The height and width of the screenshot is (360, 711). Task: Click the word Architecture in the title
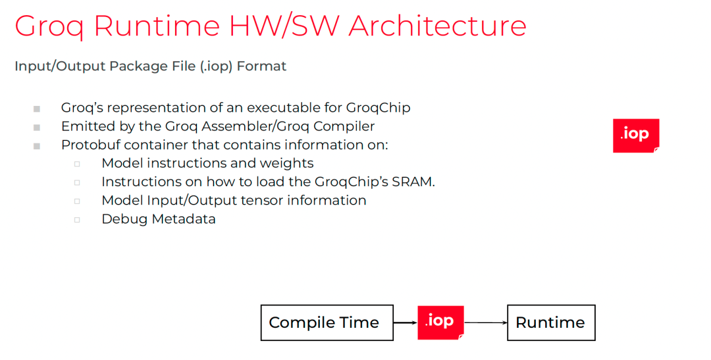click(437, 26)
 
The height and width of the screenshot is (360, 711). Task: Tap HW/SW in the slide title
click(284, 26)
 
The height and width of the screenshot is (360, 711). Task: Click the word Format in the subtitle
click(261, 66)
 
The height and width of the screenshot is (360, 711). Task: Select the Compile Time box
click(327, 322)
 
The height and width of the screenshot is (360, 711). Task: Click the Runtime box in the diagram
click(551, 322)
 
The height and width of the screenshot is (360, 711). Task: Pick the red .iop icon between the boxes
click(440, 322)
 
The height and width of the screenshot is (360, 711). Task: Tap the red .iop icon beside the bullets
click(636, 136)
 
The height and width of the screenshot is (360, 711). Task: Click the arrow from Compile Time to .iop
click(406, 322)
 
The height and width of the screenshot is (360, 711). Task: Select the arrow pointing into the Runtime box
click(486, 322)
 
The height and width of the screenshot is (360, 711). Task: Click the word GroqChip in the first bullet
click(378, 108)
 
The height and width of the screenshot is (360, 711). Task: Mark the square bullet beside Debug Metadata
click(77, 220)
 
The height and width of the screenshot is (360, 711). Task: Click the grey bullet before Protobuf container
click(37, 146)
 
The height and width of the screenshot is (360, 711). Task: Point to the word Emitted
click(82, 126)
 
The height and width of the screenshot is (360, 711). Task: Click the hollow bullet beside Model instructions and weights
click(77, 164)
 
